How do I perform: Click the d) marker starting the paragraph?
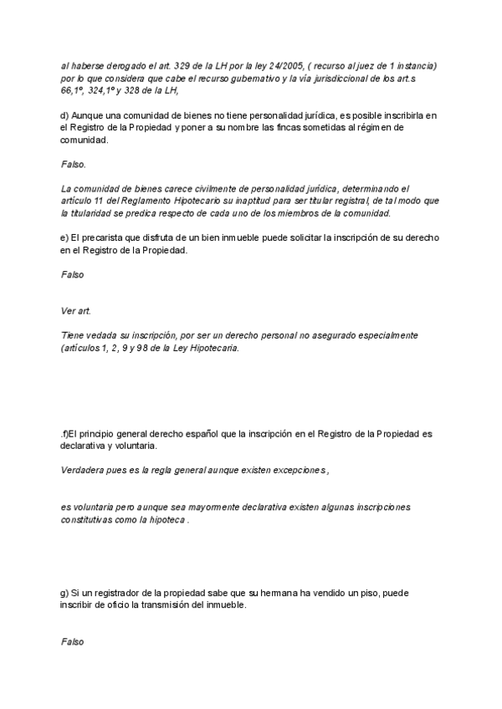(x=65, y=115)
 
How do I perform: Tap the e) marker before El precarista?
(x=65, y=238)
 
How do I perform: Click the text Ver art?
(x=76, y=310)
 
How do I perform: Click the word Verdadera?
(x=86, y=471)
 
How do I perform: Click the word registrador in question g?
(x=116, y=593)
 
